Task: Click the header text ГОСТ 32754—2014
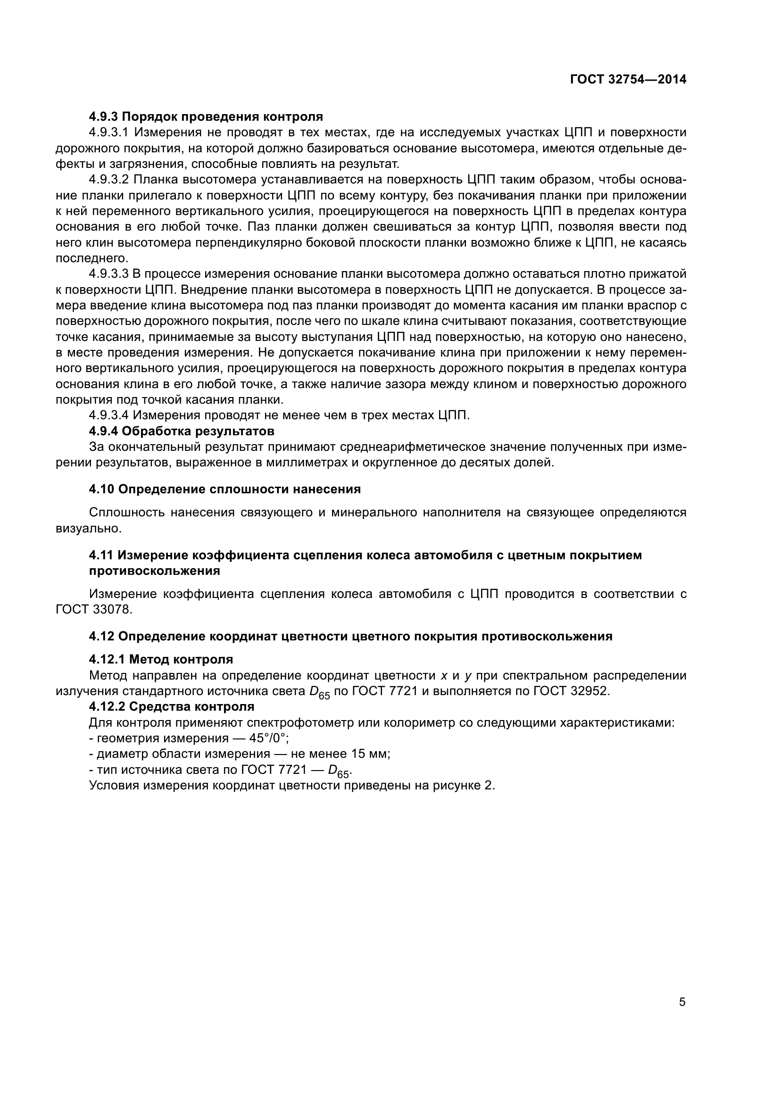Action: click(x=628, y=80)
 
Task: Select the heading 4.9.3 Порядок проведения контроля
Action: click(x=206, y=116)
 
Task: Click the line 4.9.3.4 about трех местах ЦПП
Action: click(x=279, y=415)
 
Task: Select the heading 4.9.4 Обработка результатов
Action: click(x=182, y=431)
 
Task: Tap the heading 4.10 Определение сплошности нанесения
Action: click(x=225, y=489)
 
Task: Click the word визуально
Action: click(x=88, y=529)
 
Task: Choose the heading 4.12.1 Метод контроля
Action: click(x=161, y=659)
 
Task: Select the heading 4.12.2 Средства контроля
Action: click(x=172, y=706)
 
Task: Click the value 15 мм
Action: click(x=368, y=754)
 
